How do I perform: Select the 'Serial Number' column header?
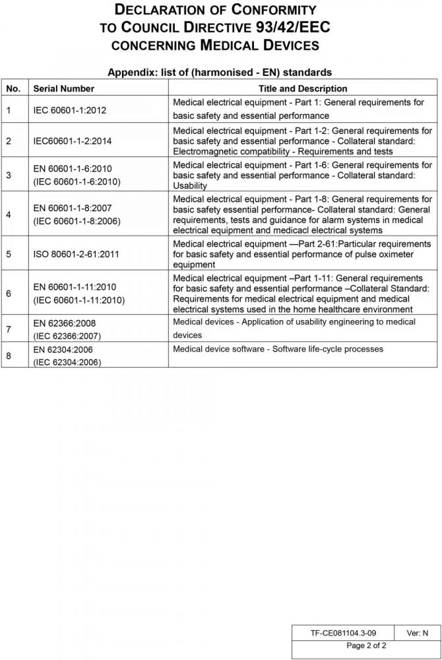pos(64,88)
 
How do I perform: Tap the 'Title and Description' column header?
pos(303,88)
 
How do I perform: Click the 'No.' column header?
pos(14,88)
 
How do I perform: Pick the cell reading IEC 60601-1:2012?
pos(70,110)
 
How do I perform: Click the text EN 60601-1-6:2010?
pos(73,169)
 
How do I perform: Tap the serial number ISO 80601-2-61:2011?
pos(76,253)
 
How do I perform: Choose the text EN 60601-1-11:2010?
pos(75,288)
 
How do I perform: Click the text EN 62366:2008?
pos(65,324)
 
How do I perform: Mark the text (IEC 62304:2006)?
pos(67,362)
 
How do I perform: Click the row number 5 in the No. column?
pos(9,253)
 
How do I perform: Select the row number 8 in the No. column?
pos(9,356)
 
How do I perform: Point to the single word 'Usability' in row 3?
pos(190,186)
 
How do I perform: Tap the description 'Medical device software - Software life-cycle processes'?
pos(278,349)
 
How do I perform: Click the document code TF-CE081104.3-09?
pos(344,633)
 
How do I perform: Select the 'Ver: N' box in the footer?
pos(417,633)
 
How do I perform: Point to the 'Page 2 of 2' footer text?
pos(366,645)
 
